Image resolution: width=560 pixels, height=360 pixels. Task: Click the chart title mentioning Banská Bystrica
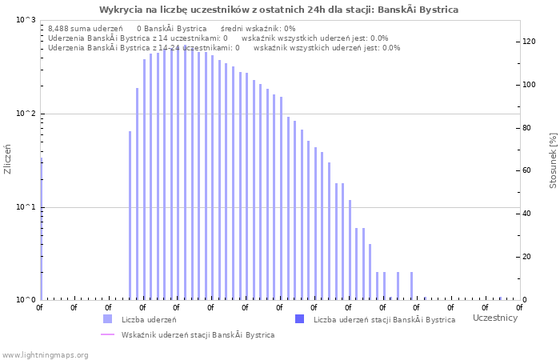(279, 10)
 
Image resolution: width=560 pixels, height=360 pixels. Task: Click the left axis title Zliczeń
(8, 159)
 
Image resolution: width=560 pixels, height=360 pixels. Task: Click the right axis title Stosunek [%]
(553, 161)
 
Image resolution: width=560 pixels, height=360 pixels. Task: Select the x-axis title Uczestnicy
(495, 318)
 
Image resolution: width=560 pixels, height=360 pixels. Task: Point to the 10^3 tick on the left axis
(26, 20)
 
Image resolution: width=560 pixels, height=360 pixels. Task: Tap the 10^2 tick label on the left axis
(26, 114)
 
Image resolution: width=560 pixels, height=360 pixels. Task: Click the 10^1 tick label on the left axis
(26, 207)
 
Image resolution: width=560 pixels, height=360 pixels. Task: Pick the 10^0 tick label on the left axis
(26, 300)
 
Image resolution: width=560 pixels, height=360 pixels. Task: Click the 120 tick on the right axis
(529, 42)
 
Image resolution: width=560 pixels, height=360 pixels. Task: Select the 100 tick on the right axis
(529, 85)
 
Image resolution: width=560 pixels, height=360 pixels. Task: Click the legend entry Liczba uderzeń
(149, 319)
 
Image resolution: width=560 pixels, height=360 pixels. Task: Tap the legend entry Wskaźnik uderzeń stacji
(198, 334)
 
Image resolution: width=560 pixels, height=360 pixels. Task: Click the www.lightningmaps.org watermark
(45, 354)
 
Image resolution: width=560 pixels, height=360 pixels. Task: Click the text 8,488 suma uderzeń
(85, 28)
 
